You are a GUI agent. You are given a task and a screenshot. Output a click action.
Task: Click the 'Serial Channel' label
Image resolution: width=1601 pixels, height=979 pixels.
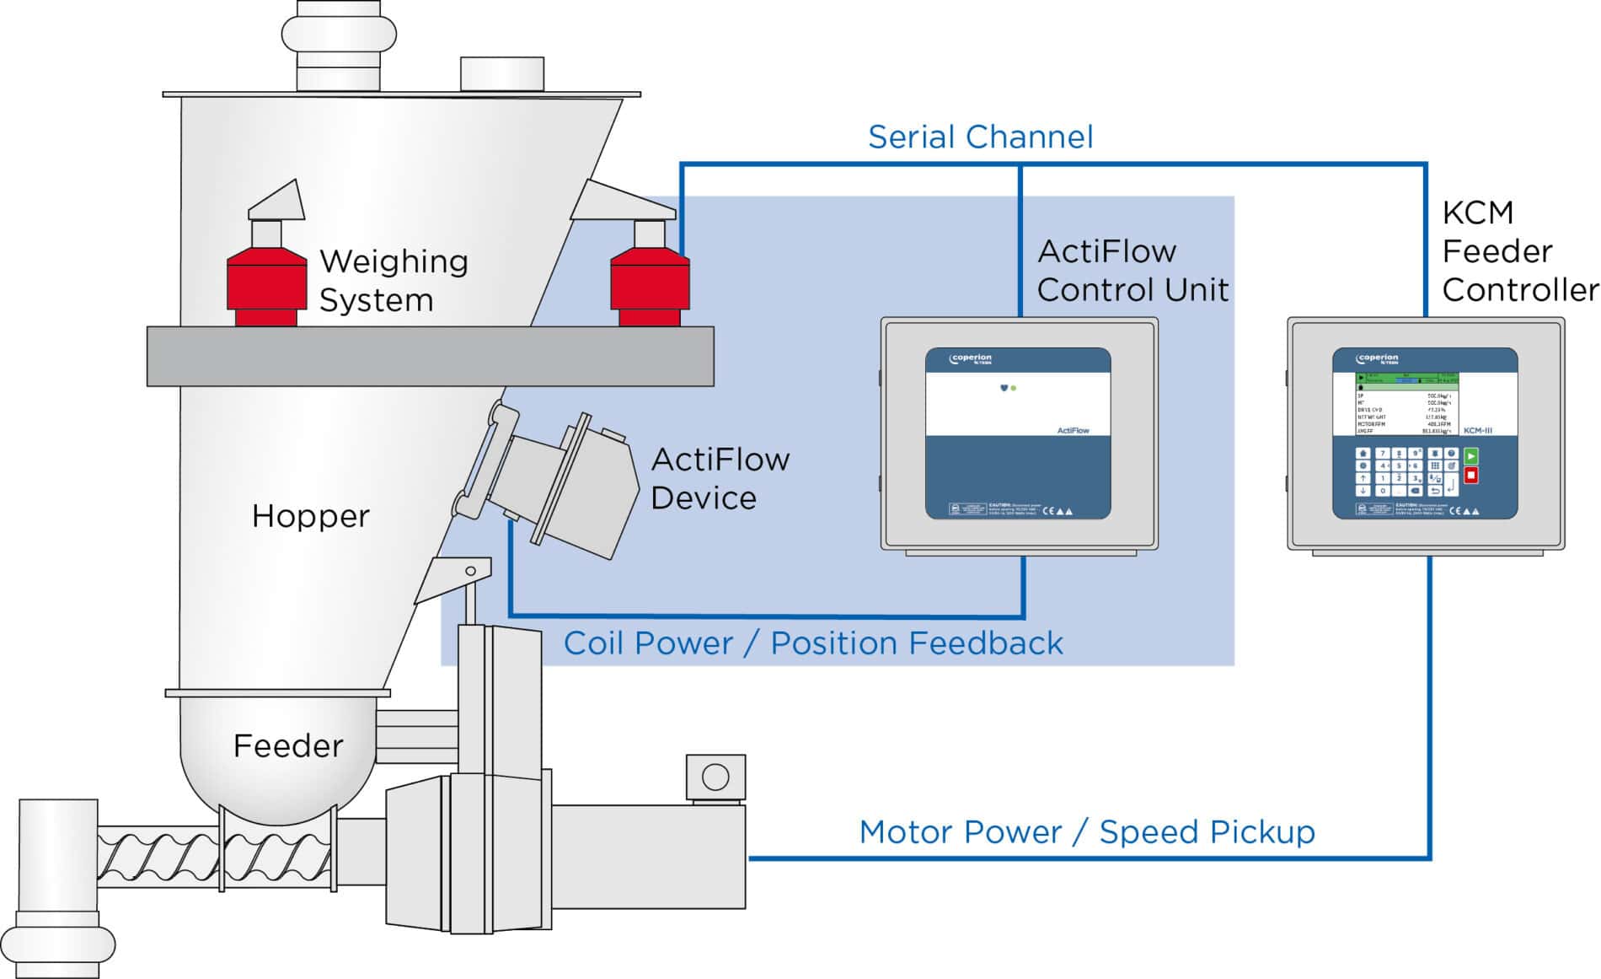pyautogui.click(x=980, y=137)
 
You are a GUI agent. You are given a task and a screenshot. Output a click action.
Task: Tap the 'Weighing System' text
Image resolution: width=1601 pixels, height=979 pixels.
pyautogui.click(x=393, y=280)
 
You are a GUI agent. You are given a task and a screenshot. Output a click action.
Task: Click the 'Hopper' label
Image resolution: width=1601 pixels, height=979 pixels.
pyautogui.click(x=310, y=516)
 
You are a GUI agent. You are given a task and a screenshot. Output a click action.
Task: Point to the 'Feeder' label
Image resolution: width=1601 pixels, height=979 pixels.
pyautogui.click(x=288, y=746)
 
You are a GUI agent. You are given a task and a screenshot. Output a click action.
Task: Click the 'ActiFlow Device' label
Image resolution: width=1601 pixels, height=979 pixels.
pyautogui.click(x=720, y=478)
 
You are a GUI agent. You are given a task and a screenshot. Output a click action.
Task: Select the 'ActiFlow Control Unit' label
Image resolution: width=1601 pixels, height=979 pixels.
pyautogui.click(x=1132, y=270)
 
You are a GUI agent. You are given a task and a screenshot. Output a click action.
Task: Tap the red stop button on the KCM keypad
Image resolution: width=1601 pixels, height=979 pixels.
pyautogui.click(x=1471, y=476)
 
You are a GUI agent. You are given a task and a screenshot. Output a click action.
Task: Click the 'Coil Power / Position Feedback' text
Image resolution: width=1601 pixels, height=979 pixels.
pyautogui.click(x=812, y=643)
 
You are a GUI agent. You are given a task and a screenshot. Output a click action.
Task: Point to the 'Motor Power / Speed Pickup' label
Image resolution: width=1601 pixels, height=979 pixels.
pyautogui.click(x=1086, y=832)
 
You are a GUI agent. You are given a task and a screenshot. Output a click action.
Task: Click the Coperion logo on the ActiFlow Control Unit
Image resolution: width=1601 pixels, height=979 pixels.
pyautogui.click(x=971, y=359)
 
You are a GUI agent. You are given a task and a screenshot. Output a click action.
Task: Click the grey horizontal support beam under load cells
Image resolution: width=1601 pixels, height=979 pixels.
pyautogui.click(x=430, y=356)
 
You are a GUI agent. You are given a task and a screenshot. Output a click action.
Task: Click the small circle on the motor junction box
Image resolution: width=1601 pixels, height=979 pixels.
pyautogui.click(x=715, y=777)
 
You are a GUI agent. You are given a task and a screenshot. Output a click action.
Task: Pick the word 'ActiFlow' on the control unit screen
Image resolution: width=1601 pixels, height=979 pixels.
pyautogui.click(x=1073, y=430)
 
